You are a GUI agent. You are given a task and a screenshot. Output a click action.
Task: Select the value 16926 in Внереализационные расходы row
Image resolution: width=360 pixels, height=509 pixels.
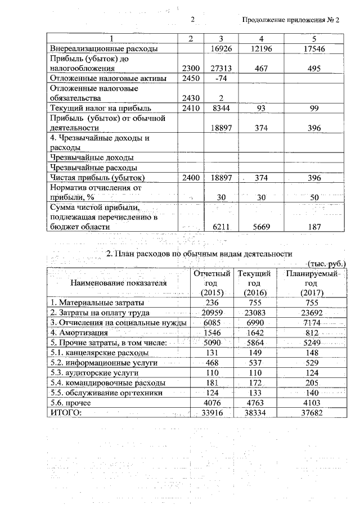pyautogui.click(x=221, y=49)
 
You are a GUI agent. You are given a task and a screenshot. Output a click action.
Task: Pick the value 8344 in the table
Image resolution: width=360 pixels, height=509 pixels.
pyautogui.click(x=221, y=108)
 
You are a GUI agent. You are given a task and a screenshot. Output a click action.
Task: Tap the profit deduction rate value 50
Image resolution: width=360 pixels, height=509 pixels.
pyautogui.click(x=314, y=197)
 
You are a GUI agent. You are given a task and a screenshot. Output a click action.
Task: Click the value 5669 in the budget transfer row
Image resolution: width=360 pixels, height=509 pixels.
pyautogui.click(x=260, y=227)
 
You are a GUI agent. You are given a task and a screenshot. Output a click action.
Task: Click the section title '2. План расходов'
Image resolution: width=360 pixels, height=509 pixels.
pyautogui.click(x=202, y=254)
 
